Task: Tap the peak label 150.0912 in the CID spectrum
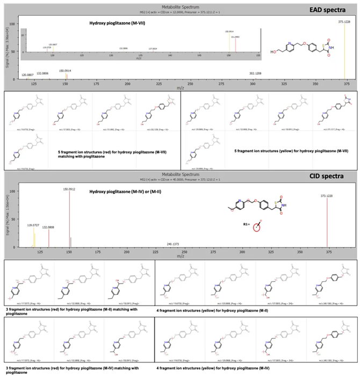click(68, 189)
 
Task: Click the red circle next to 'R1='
click(257, 227)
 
